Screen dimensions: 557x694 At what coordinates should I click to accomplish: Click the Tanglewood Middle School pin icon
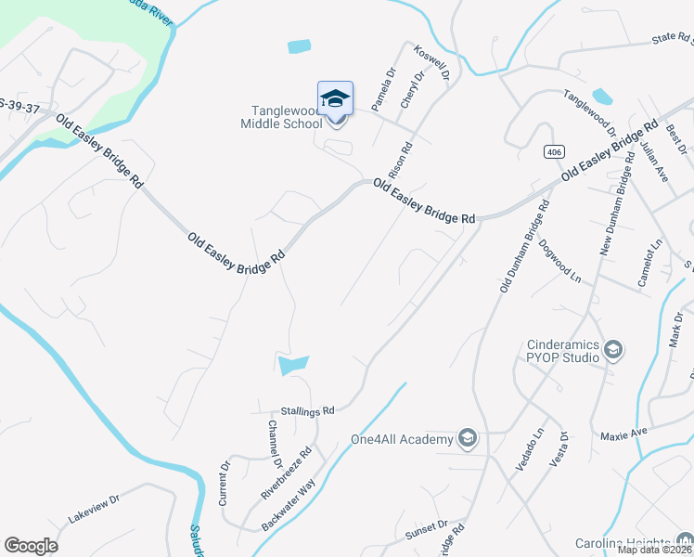pyautogui.click(x=335, y=98)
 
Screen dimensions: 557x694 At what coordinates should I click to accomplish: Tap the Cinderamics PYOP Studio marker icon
pyautogui.click(x=612, y=350)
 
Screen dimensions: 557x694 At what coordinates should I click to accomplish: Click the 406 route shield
pyautogui.click(x=554, y=151)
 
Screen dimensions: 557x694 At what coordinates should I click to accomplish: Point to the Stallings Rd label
pyautogui.click(x=307, y=409)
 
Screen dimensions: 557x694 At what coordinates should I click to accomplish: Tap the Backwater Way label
pyautogui.click(x=289, y=506)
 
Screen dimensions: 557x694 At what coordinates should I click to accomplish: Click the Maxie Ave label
pyautogui.click(x=623, y=434)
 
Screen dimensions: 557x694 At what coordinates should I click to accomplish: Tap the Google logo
pyautogui.click(x=31, y=546)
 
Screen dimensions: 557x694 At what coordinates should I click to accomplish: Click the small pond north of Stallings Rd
pyautogui.click(x=293, y=365)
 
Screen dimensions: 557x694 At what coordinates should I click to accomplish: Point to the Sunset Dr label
pyautogui.click(x=426, y=530)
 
